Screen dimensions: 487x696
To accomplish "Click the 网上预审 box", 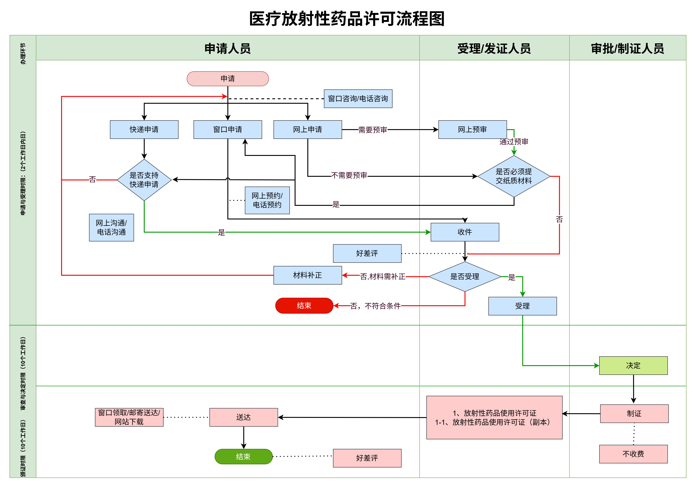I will point(472,130).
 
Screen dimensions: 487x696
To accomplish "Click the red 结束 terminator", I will point(304,306).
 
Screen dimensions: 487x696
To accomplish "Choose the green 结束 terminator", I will point(243,456).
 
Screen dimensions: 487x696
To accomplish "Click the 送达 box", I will point(243,417).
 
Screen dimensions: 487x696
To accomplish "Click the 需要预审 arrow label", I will point(373,130).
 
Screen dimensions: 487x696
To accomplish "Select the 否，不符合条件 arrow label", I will point(375,306).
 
